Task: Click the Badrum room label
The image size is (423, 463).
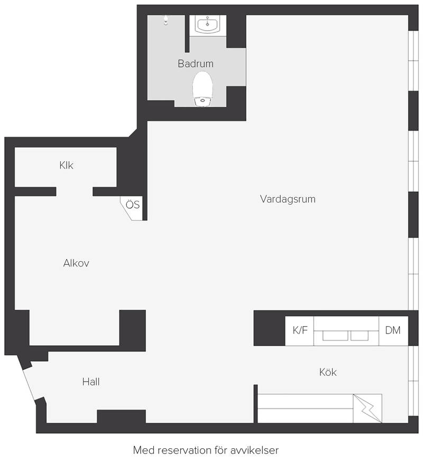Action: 195,63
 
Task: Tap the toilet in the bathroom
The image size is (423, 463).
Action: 203,89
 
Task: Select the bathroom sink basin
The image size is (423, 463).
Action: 208,24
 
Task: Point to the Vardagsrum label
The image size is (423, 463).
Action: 288,199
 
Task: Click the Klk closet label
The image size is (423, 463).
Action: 66,165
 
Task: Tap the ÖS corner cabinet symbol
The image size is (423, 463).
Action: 132,208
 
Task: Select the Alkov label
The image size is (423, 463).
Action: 76,263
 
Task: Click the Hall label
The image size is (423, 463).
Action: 91,382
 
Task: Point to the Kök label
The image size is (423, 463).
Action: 328,372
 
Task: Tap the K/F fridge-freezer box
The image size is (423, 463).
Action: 299,331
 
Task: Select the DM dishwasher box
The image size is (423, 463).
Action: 393,331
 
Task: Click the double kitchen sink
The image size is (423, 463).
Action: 346,336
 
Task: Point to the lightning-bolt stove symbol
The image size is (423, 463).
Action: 367,409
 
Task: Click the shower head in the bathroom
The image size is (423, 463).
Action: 166,20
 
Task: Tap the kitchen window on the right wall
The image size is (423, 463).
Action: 413,381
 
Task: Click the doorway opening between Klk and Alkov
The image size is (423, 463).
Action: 75,192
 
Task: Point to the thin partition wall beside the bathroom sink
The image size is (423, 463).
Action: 187,34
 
